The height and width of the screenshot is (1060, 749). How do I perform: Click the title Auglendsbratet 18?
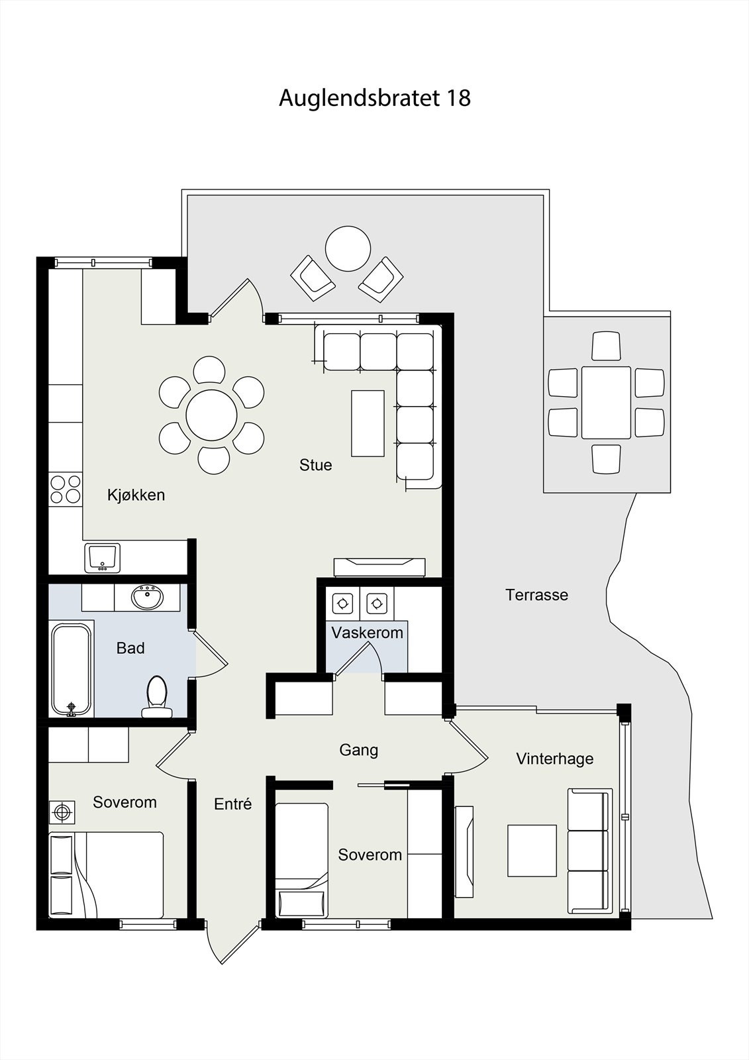(374, 99)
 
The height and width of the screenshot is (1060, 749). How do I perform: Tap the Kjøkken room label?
(136, 495)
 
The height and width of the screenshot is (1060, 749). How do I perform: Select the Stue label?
(316, 464)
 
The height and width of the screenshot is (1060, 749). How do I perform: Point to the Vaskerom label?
(367, 633)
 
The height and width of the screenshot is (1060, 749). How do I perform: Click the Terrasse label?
(536, 595)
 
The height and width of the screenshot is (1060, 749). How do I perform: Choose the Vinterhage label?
(554, 759)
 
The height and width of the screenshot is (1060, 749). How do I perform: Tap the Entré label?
(233, 804)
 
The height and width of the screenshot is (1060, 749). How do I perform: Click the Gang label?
(359, 750)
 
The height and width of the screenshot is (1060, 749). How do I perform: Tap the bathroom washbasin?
(148, 597)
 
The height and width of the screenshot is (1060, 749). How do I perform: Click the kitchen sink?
(102, 558)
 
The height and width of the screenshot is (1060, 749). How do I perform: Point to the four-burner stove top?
(66, 490)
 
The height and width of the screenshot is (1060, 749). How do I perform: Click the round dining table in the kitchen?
(211, 415)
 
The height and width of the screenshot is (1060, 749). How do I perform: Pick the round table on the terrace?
(348, 249)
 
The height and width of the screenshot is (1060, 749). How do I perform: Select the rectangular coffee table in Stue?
(368, 423)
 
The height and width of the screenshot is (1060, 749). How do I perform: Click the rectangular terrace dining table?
(606, 403)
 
